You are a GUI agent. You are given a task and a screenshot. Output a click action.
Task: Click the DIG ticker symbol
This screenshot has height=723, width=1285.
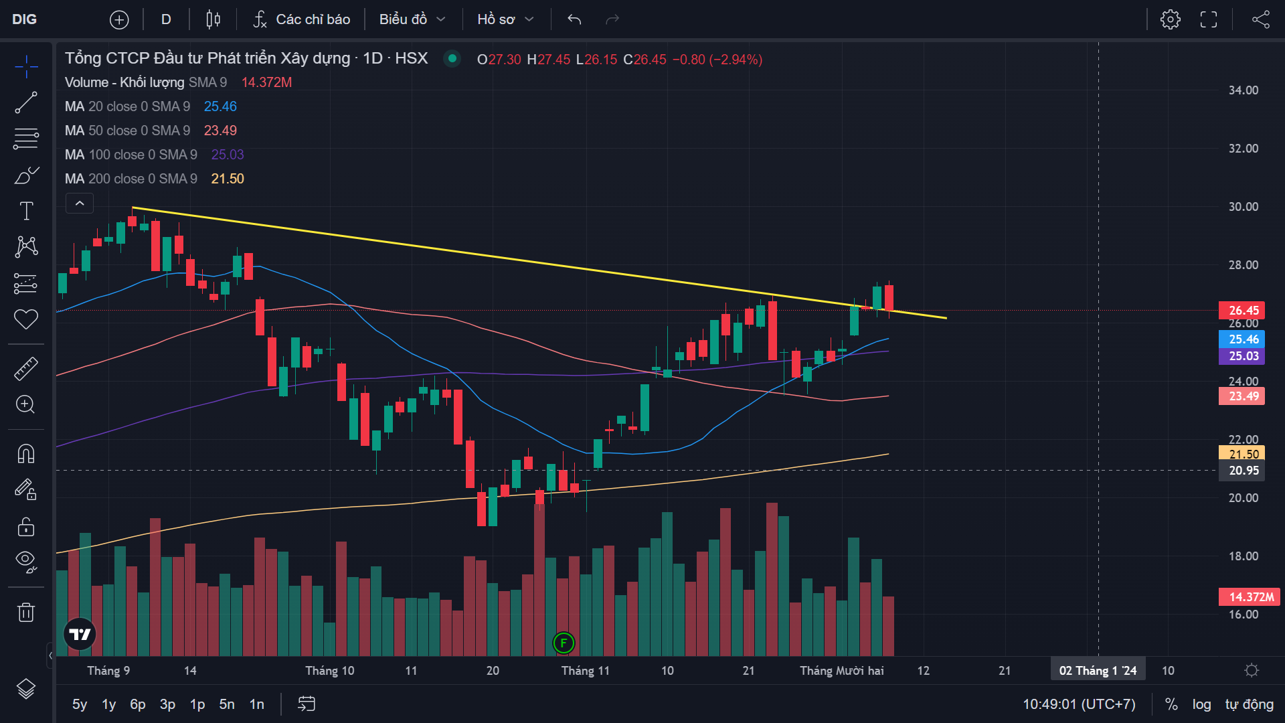(x=25, y=19)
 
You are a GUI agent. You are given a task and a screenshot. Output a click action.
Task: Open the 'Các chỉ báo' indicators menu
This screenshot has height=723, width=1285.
(x=302, y=19)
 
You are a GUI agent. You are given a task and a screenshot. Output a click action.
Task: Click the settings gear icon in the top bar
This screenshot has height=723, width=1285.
(x=1170, y=19)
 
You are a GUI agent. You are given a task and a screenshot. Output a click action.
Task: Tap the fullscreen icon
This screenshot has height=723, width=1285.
(x=1208, y=19)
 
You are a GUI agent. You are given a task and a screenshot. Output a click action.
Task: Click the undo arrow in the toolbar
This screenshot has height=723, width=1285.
(x=574, y=19)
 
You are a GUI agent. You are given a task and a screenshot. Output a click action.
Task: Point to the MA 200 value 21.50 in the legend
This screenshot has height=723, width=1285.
(x=228, y=179)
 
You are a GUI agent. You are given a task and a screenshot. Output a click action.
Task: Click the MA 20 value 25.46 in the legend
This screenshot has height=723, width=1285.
(x=220, y=106)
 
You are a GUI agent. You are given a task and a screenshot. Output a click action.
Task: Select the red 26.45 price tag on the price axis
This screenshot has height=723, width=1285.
(x=1243, y=310)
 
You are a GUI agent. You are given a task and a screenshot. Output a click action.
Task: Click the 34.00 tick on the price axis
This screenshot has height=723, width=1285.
(x=1243, y=90)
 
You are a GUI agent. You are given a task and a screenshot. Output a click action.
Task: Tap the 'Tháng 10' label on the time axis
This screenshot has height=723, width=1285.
(x=329, y=671)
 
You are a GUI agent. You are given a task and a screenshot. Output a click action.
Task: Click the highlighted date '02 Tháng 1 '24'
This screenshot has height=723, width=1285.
(x=1098, y=671)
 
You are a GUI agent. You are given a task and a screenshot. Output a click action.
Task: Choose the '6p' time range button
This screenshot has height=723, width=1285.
(x=137, y=704)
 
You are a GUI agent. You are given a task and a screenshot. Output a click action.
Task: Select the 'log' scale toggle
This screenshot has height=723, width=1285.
(x=1201, y=704)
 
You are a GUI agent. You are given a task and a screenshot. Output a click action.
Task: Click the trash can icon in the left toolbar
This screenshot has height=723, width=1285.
(x=26, y=612)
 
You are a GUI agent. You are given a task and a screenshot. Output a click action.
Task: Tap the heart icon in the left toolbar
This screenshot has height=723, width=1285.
(x=26, y=319)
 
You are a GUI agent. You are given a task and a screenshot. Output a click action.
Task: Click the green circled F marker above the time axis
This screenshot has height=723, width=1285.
(x=564, y=643)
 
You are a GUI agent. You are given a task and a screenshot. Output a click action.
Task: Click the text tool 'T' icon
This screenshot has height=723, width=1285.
(x=26, y=211)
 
